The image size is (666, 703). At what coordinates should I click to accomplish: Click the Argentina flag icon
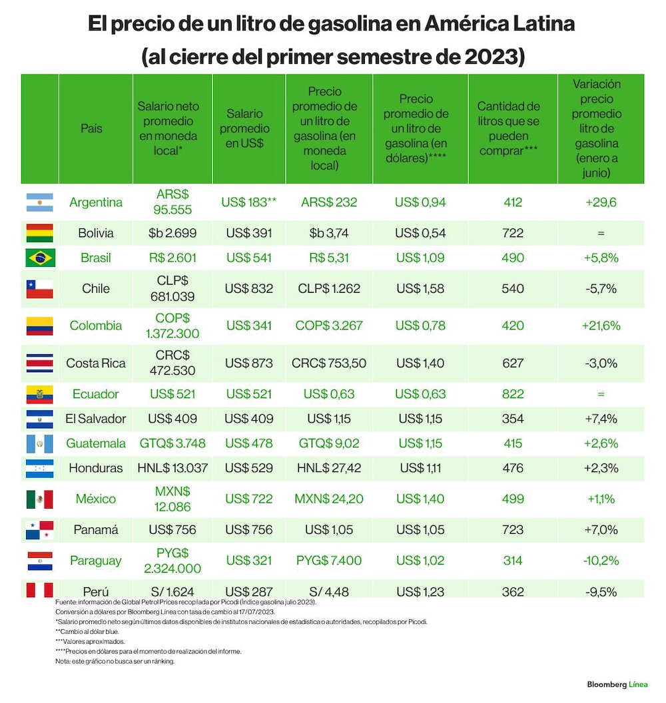coord(39,202)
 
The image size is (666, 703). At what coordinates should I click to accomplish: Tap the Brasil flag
coord(41,258)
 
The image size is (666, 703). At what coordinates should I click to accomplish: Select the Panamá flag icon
coord(39,530)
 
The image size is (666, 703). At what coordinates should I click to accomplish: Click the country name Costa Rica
coord(95,363)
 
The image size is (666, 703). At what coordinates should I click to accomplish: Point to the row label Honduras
coord(95,468)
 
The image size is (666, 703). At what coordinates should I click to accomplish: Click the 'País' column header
coord(91,128)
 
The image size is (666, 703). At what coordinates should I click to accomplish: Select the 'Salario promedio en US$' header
coord(244,128)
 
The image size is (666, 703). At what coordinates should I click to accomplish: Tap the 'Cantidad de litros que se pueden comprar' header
coord(508,128)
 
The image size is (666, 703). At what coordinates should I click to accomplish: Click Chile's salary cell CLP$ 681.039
coord(172,288)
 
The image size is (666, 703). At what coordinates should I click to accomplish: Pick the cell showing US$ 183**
coord(248,202)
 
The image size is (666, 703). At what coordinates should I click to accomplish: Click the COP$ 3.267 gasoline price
coord(329,326)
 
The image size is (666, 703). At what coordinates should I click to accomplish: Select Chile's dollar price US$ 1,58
coord(420,288)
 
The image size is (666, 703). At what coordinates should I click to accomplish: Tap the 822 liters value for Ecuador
coord(513,393)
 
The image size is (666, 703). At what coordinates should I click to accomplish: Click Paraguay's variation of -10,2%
coord(601,561)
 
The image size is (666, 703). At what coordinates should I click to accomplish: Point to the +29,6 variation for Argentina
coord(601,202)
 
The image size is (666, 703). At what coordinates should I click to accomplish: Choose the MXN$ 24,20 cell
coord(329,499)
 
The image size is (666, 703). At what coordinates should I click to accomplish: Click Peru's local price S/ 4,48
coord(329,592)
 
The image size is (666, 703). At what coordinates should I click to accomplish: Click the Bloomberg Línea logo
coord(617,684)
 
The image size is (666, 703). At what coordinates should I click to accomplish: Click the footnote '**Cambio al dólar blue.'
coord(87,632)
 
